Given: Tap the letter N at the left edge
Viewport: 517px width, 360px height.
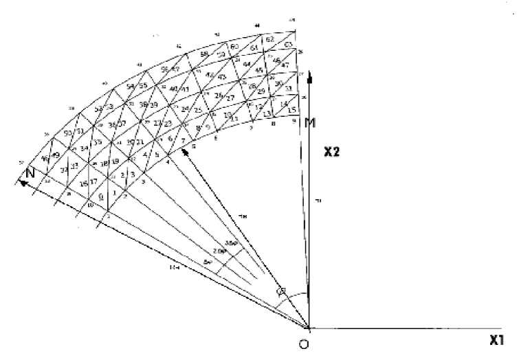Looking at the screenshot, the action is click(30, 174).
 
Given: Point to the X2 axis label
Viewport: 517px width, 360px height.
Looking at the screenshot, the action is click(333, 153).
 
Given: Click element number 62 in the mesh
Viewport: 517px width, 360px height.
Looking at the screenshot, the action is click(270, 41).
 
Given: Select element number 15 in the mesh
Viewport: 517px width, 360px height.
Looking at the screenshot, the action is click(291, 110).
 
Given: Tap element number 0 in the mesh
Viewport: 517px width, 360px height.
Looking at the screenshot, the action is click(101, 196).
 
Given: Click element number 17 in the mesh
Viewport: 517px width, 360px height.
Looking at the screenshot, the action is click(93, 182).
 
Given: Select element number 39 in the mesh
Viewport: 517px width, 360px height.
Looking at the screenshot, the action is click(153, 105).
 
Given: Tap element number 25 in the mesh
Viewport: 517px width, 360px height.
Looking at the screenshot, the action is click(198, 110).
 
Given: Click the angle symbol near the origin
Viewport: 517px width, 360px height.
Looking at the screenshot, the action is click(280, 291).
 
